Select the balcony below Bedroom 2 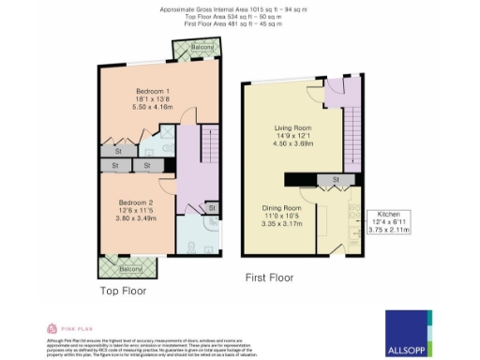tap(128, 268)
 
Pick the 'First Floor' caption tap(270, 277)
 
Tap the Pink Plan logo tap(67, 328)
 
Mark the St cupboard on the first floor tap(333, 179)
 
